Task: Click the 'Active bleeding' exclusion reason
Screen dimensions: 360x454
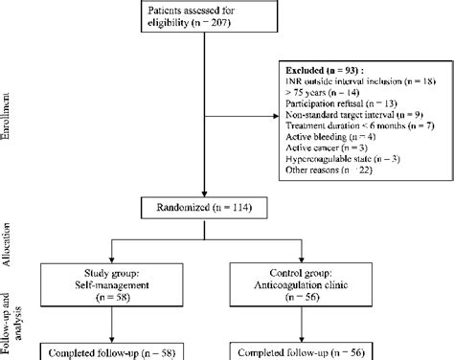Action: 320,139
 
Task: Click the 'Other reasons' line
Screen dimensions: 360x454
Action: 322,171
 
